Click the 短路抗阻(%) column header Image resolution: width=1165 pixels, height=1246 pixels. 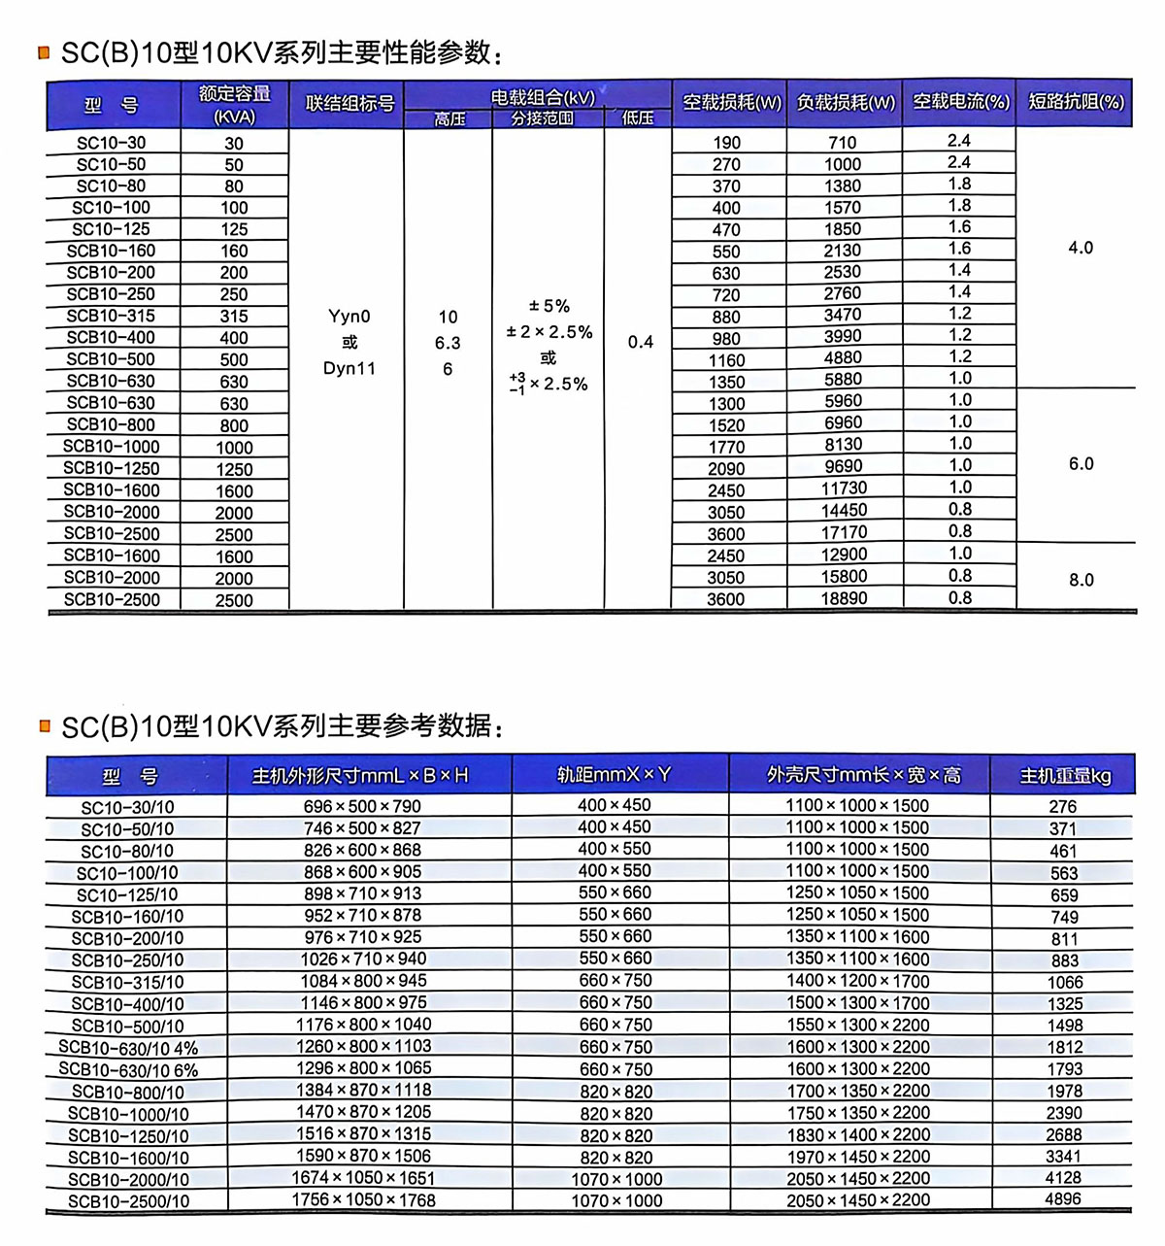1076,102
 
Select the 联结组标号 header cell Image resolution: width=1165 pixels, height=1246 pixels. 349,104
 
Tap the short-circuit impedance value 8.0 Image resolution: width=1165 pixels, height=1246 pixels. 1081,580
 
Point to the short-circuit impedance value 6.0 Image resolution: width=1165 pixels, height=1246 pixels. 1081,464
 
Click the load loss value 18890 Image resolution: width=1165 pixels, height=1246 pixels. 844,599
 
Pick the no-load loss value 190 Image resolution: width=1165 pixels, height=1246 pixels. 726,143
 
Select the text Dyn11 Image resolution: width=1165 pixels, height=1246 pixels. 349,369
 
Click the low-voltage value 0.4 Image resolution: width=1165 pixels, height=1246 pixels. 640,342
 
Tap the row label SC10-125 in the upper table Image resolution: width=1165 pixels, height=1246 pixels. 111,229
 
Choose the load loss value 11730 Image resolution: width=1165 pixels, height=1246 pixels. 844,488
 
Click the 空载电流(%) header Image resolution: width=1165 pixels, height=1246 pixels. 960,102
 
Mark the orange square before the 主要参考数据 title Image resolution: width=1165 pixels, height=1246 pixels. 44,725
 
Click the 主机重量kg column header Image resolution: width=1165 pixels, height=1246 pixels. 1064,776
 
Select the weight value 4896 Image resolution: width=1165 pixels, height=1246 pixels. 1063,1199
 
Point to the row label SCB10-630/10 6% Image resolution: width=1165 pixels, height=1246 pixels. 128,1070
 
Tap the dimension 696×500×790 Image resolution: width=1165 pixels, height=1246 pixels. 362,806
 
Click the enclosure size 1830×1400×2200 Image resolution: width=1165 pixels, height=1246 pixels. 857,1134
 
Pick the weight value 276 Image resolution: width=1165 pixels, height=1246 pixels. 1063,806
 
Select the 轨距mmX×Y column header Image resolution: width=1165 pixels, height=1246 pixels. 614,775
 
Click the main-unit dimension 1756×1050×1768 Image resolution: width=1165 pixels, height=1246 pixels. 363,1200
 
